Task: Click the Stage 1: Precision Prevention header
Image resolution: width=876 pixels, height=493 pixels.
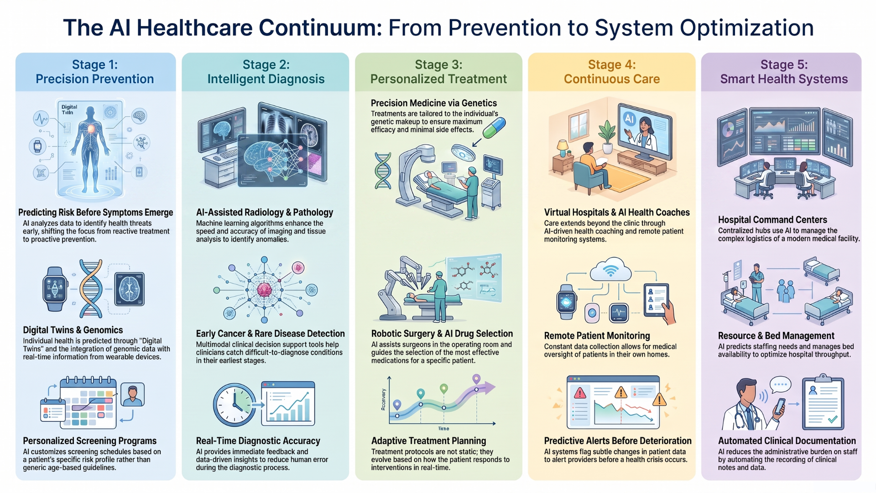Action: click(95, 72)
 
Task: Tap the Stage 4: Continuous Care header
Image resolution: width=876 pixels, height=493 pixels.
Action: click(612, 72)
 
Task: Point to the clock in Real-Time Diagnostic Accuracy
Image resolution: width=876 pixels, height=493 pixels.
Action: click(235, 404)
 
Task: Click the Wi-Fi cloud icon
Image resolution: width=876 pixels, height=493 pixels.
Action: click(610, 270)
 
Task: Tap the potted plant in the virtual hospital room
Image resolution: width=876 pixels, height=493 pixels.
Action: click(607, 136)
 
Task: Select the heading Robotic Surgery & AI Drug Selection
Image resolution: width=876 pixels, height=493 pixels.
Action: click(442, 334)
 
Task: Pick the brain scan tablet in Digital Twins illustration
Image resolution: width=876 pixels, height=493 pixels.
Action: click(130, 289)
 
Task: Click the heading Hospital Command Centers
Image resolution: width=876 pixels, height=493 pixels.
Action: click(772, 220)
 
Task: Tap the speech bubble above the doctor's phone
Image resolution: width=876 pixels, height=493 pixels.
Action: click(780, 385)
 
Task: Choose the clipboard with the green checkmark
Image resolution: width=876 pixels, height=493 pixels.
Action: click(823, 402)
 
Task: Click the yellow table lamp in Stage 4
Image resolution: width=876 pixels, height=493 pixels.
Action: click(563, 147)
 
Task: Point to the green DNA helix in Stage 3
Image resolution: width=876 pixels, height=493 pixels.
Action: click(383, 171)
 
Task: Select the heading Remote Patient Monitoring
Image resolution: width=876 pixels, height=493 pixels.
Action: click(597, 336)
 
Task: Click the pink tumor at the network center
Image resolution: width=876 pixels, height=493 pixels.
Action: click(264, 289)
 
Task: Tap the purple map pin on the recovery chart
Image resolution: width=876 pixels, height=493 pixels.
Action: click(476, 379)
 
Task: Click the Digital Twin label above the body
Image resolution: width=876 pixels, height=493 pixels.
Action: click(69, 110)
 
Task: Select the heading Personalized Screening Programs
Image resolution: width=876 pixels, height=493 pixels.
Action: click(90, 441)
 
